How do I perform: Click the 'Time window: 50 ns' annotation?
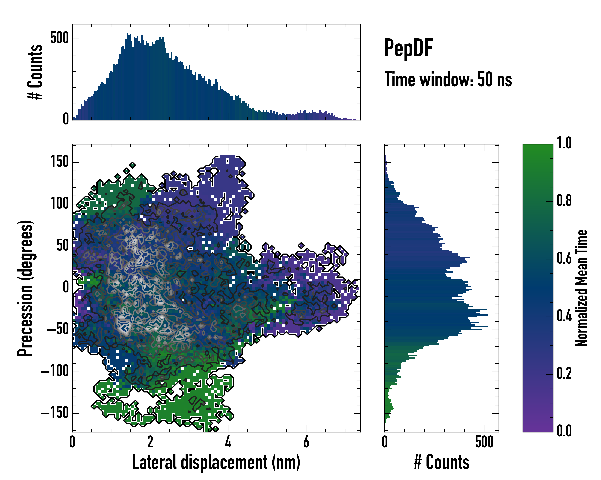448,80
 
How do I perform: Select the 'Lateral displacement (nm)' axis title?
216,462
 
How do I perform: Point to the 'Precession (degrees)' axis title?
26,288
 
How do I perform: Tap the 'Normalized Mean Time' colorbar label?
581,288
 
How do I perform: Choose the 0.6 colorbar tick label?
564,258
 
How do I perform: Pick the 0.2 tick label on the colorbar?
564,373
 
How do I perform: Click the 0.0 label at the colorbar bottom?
564,431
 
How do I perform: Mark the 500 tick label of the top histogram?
59,38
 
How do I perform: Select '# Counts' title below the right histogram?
442,462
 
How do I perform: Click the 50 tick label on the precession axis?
63,246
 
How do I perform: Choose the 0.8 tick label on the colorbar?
564,201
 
